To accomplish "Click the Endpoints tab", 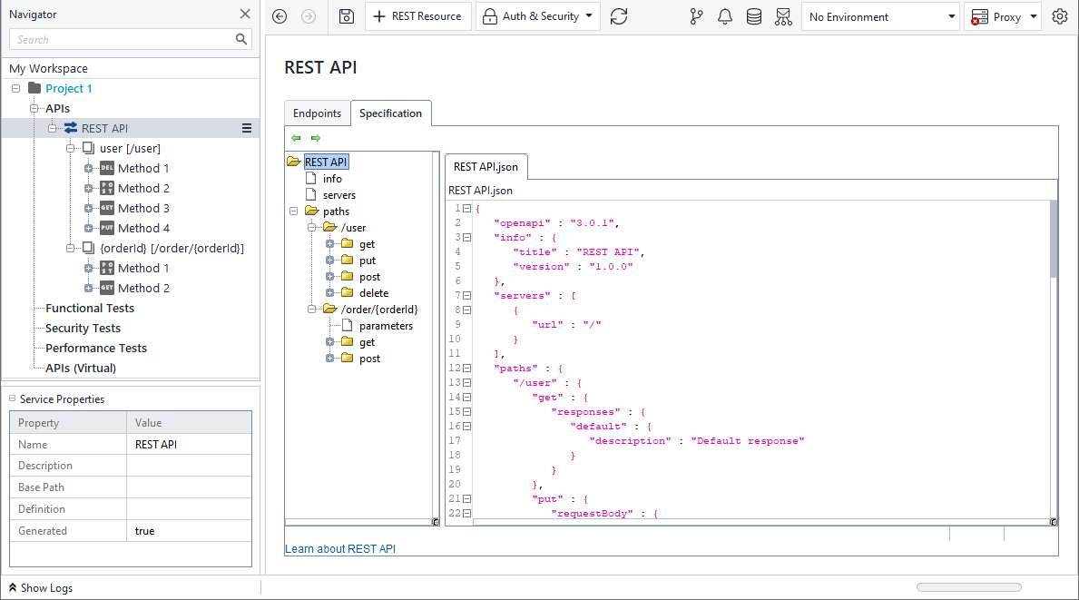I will click(x=317, y=113).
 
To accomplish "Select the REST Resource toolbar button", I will click(x=417, y=16).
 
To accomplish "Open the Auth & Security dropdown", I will click(x=538, y=16).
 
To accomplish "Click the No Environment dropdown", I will click(x=880, y=16).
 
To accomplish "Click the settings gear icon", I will click(x=1060, y=16).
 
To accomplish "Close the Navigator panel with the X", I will click(x=245, y=14).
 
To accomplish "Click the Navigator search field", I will click(x=123, y=39).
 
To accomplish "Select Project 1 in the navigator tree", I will click(x=69, y=88).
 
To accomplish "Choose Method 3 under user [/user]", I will click(x=143, y=208).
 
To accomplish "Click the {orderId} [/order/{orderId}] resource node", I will click(x=172, y=248).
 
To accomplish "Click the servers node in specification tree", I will click(x=339, y=195).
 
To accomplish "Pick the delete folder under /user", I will click(x=373, y=293).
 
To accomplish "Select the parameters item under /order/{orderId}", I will click(x=386, y=326).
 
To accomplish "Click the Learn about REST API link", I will click(x=340, y=549).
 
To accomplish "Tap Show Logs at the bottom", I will click(x=46, y=588).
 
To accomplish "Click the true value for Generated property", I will click(x=145, y=531).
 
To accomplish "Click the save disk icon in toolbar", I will click(x=346, y=16).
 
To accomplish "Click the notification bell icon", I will click(x=724, y=16).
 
